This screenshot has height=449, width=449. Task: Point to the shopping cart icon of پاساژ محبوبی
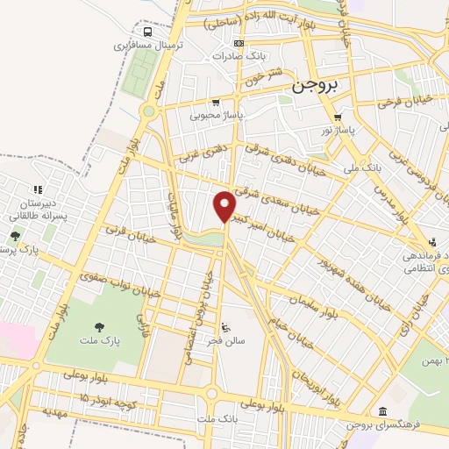pyautogui.click(x=216, y=102)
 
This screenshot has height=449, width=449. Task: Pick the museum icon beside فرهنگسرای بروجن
pyautogui.click(x=382, y=411)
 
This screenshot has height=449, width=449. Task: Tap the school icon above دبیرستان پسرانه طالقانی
pyautogui.click(x=37, y=189)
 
